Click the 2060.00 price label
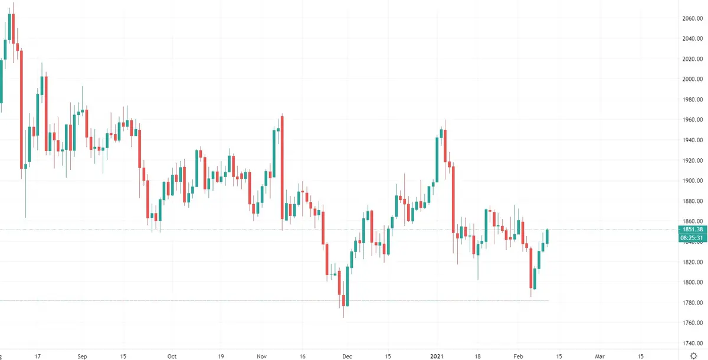(x=691, y=18)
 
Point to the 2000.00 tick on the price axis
(x=691, y=79)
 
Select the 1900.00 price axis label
(x=691, y=181)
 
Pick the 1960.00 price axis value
(x=691, y=120)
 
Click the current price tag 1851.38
(x=691, y=230)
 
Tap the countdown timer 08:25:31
(x=691, y=238)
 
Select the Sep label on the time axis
(x=82, y=356)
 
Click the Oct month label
(x=172, y=356)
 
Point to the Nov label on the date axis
(x=262, y=356)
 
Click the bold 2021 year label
(x=437, y=356)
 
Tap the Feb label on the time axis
(x=518, y=356)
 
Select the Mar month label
(x=599, y=356)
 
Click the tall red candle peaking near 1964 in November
(x=283, y=165)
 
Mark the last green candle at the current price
(x=548, y=236)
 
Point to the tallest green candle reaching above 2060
(x=9, y=27)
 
